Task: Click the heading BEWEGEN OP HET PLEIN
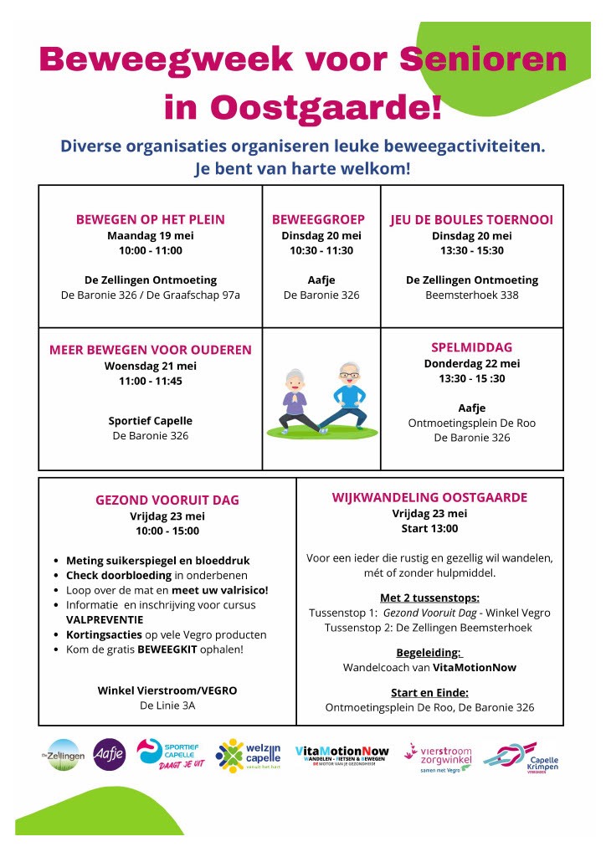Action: coord(151,220)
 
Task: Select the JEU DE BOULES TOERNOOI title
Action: coord(471,220)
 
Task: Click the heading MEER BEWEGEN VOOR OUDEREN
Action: coord(151,350)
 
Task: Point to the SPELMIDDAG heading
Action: coord(471,347)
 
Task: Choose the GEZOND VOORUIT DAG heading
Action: coord(167,500)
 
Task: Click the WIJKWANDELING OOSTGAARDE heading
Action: coord(430,498)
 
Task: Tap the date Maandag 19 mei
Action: coord(151,235)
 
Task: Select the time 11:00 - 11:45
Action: coord(151,381)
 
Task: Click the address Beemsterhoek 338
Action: coord(471,295)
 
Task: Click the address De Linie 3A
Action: coord(167,706)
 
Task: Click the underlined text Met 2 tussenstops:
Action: coord(430,598)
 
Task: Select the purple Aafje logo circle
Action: coord(110,753)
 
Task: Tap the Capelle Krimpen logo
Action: coord(521,756)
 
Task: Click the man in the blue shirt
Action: coord(344,393)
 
